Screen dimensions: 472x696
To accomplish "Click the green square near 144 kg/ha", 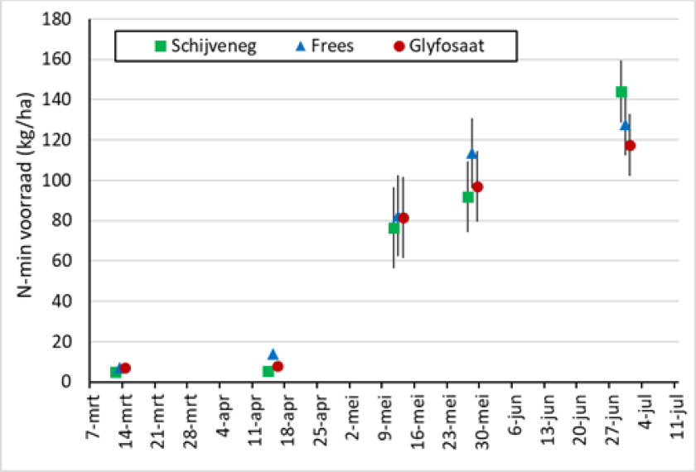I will pyautogui.click(x=621, y=92).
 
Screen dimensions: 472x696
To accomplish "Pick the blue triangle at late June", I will pyautogui.click(x=626, y=125).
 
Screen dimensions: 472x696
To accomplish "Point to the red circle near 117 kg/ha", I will pyautogui.click(x=631, y=145).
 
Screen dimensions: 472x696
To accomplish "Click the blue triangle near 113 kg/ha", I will pyautogui.click(x=472, y=153).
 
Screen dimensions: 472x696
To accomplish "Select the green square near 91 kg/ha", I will pyautogui.click(x=468, y=197).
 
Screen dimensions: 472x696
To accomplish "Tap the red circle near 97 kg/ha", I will pyautogui.click(x=477, y=187).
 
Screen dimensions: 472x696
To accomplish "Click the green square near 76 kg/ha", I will pyautogui.click(x=394, y=228).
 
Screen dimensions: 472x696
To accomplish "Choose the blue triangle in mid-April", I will pyautogui.click(x=273, y=354).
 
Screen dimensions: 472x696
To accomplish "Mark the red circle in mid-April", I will pyautogui.click(x=278, y=366).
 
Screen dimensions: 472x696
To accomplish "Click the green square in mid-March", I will pyautogui.click(x=116, y=372).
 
